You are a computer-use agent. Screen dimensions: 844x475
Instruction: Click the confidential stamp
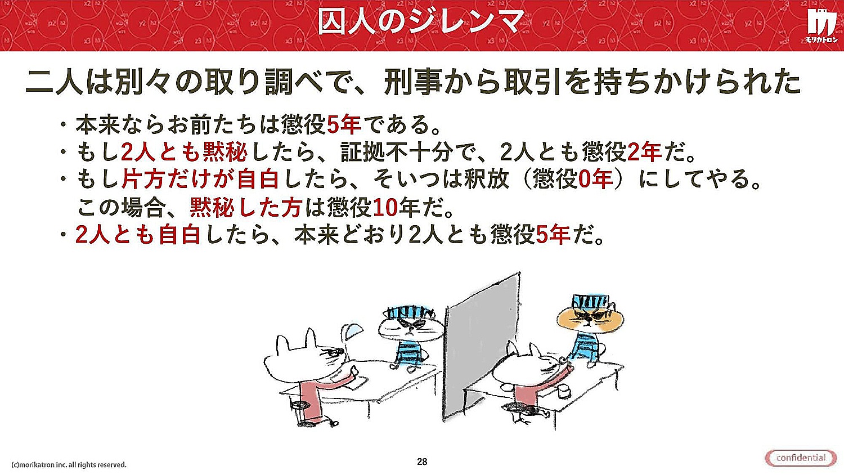(801, 458)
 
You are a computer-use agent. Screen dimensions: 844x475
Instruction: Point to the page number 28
(422, 461)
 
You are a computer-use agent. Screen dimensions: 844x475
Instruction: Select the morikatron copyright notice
(69, 465)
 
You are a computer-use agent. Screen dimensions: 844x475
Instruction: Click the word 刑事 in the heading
(414, 82)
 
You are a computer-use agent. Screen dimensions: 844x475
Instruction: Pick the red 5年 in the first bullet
(344, 125)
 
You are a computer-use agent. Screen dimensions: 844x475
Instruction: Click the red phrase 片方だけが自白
(200, 179)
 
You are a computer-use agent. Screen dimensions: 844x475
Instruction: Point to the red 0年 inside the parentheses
(595, 179)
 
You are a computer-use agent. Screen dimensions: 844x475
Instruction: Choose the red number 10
(385, 207)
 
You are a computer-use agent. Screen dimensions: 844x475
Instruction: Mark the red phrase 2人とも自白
(137, 235)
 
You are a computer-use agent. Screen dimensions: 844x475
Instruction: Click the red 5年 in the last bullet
(553, 235)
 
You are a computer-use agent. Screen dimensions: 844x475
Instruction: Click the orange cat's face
(590, 319)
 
